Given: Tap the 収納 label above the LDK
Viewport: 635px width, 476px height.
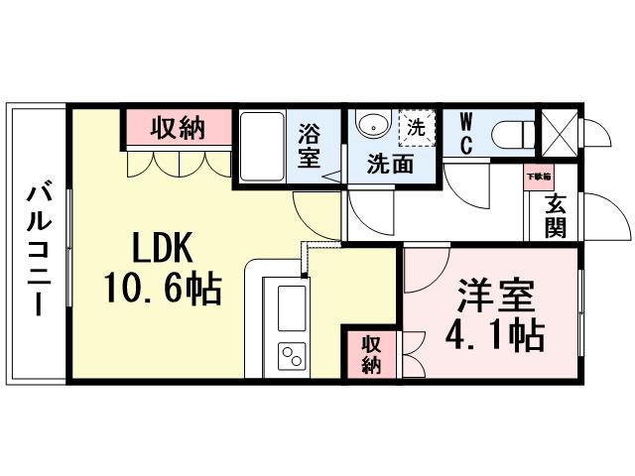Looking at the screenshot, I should point(178,127).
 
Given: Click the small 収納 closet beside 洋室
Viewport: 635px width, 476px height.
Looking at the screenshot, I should point(371,354).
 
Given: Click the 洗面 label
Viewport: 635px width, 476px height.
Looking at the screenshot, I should point(390,165).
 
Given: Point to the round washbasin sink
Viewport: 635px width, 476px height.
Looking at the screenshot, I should point(373,127).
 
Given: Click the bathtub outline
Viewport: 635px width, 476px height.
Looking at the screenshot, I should point(262,146).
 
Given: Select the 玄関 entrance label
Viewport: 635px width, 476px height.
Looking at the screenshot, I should point(555,215).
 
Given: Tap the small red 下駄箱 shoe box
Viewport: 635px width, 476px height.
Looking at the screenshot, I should point(539,176).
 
